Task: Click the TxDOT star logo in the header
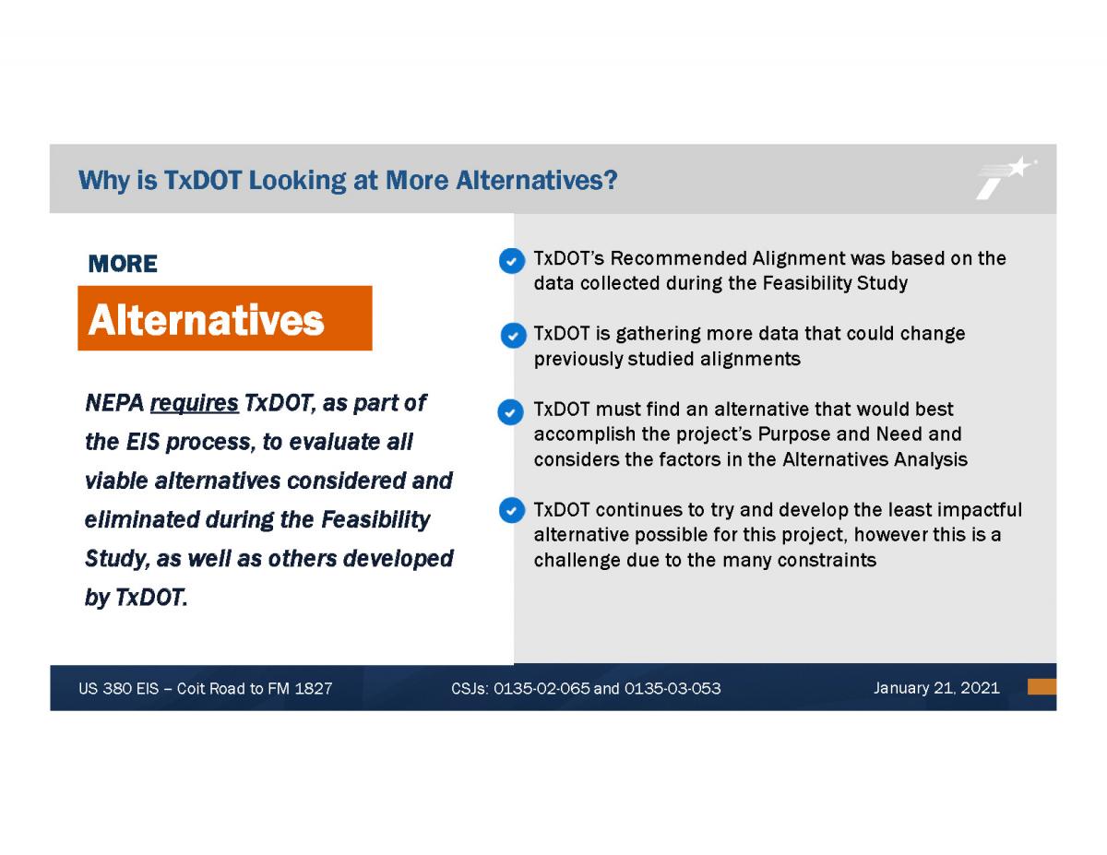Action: point(1006,177)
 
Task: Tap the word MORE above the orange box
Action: point(123,264)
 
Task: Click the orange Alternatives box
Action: point(225,318)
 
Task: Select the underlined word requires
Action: point(194,403)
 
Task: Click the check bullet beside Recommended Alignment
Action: point(512,261)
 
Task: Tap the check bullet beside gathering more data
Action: point(513,336)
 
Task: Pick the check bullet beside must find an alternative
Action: point(510,412)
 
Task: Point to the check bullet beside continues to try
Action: point(512,510)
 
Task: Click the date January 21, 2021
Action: point(936,688)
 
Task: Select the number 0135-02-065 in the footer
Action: point(542,688)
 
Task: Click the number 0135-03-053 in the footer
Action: point(673,688)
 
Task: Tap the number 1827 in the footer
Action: point(314,688)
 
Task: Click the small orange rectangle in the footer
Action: point(1042,686)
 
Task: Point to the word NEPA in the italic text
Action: point(114,403)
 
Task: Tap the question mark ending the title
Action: point(611,180)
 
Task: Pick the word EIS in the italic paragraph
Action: point(143,442)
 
